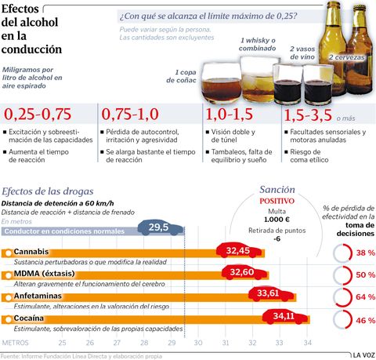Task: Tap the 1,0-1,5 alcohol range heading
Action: (x=226, y=114)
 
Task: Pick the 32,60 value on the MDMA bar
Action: (x=244, y=272)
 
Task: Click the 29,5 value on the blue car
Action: (x=159, y=227)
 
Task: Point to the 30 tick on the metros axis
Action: (x=198, y=343)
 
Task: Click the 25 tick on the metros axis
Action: (x=63, y=343)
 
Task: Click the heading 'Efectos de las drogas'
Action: (x=48, y=191)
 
